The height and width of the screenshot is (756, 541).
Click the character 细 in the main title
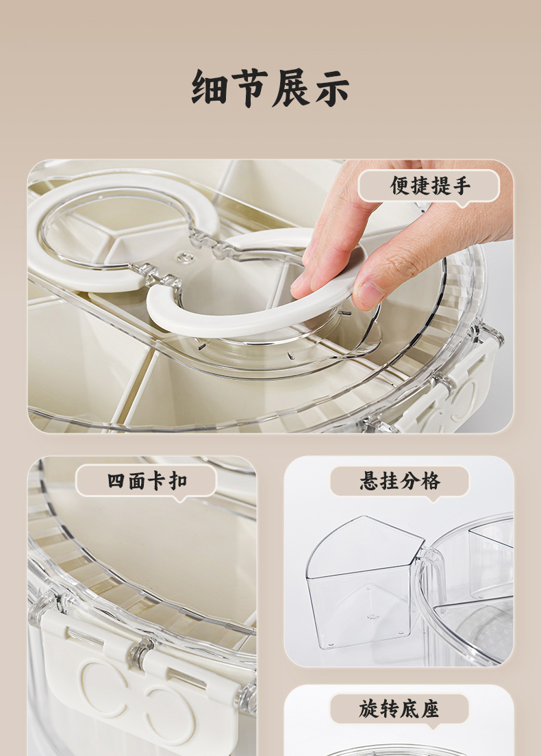tap(210, 88)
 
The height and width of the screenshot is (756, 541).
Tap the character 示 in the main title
tap(332, 88)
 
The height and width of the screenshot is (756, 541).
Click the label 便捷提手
tap(429, 185)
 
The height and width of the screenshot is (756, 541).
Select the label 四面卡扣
tap(147, 481)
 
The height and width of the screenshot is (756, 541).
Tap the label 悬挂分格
tap(400, 481)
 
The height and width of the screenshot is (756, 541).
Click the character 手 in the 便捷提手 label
tap(460, 185)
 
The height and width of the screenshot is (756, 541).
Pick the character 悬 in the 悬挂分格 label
tap(370, 481)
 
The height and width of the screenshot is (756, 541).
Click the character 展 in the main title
tap(291, 88)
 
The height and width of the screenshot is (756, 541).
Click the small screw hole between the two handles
tap(183, 258)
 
